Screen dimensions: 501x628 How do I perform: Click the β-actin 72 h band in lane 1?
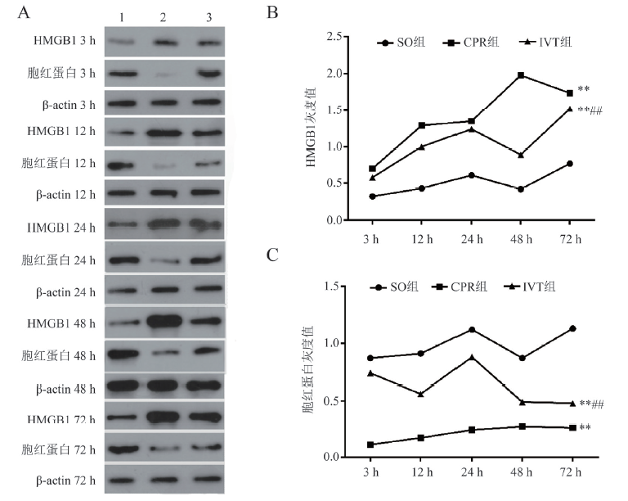[121, 481]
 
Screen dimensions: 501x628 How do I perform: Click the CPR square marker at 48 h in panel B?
[520, 75]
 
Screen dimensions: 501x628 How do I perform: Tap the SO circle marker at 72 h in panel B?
[569, 164]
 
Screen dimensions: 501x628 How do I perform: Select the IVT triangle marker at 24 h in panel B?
[471, 129]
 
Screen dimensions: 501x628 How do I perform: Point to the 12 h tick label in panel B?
[422, 238]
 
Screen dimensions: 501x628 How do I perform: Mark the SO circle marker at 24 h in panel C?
[472, 329]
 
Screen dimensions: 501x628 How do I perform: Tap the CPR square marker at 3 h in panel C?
[373, 445]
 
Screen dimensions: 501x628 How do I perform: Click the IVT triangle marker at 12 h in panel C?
[422, 394]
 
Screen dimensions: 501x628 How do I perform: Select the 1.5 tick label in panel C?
[332, 286]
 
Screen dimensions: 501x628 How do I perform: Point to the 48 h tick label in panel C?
[521, 474]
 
